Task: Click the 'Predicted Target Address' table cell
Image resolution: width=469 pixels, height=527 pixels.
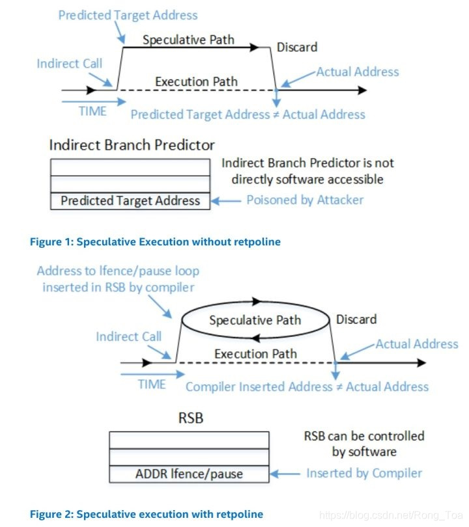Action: [x=130, y=200]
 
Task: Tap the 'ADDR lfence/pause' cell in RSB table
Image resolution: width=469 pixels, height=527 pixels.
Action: [x=189, y=473]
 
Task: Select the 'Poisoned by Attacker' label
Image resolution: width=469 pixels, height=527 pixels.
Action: [x=305, y=200]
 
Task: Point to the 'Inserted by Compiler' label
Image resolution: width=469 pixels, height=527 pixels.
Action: [x=364, y=473]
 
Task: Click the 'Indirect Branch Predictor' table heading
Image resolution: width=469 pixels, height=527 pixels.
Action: [x=132, y=144]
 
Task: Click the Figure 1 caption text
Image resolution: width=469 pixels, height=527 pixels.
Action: [x=155, y=241]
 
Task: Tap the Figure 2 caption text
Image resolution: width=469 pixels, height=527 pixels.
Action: [x=147, y=514]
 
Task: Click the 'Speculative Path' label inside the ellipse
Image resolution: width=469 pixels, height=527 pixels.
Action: [x=255, y=320]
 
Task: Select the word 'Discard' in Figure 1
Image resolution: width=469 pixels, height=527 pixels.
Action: [x=297, y=47]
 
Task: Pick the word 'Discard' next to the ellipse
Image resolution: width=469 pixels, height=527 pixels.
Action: [x=356, y=319]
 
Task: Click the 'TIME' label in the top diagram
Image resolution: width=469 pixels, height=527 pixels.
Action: [x=92, y=111]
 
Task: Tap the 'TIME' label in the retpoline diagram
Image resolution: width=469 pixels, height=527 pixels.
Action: [x=152, y=385]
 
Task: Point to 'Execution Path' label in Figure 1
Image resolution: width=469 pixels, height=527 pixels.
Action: [x=196, y=82]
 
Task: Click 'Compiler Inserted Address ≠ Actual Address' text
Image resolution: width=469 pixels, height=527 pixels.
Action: [x=307, y=386]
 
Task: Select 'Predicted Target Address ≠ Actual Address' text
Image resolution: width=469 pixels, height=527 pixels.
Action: [x=248, y=115]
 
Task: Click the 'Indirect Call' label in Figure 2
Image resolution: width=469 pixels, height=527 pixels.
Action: [x=128, y=337]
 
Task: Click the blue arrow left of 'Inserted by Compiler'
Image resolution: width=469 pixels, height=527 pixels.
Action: [x=285, y=473]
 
